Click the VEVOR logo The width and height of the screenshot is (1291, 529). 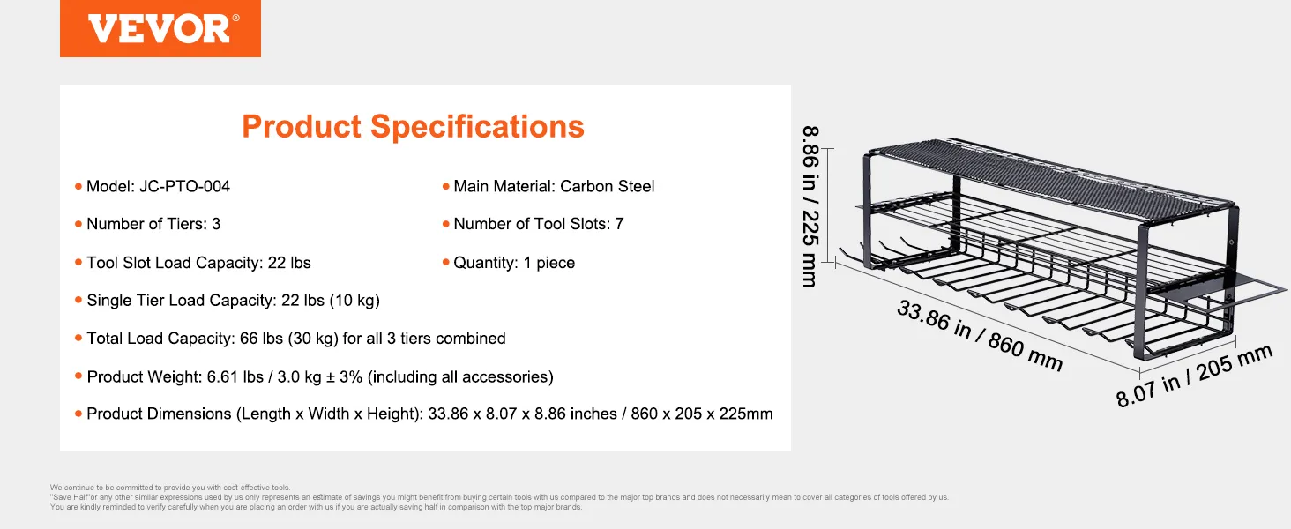tap(160, 29)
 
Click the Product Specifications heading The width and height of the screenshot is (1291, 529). tap(413, 126)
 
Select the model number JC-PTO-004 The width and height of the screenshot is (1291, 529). tap(184, 186)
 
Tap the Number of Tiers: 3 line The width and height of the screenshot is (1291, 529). tap(153, 224)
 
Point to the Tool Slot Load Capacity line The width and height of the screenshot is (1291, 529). tap(198, 263)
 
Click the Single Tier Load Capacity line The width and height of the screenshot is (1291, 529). tap(233, 301)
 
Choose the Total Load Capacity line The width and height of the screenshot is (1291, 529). tap(295, 339)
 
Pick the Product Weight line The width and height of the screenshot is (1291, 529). tap(320, 376)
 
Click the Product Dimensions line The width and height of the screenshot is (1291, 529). tap(429, 414)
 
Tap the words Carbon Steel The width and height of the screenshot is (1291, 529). tap(607, 186)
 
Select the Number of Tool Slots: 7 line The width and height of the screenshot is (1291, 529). tap(538, 224)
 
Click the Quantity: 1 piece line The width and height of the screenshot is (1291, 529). tap(514, 263)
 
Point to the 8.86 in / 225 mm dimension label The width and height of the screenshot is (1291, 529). tap(810, 206)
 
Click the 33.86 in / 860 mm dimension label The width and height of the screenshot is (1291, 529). tap(980, 336)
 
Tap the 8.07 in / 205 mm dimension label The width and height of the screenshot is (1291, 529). tap(1194, 376)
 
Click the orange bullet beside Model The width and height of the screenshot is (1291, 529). tap(78, 187)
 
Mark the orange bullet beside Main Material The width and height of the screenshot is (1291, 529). tap(445, 187)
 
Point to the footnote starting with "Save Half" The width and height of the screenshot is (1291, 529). tap(499, 497)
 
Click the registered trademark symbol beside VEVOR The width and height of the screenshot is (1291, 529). tap(235, 18)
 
